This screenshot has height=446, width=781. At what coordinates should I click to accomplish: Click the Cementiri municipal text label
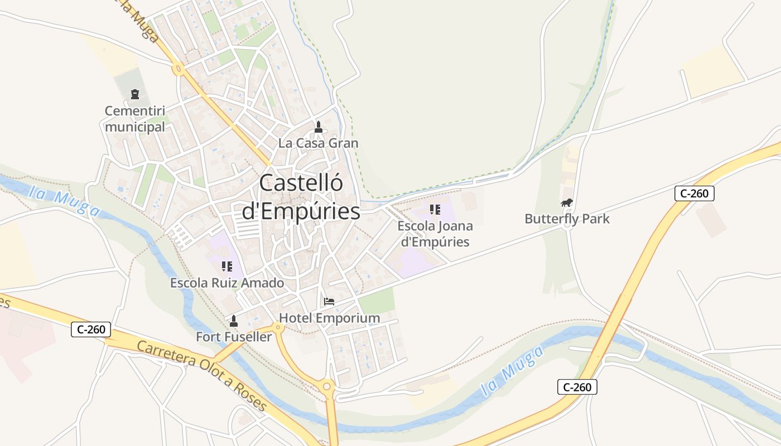(x=135, y=119)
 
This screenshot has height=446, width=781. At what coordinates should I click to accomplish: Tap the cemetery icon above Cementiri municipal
(x=134, y=94)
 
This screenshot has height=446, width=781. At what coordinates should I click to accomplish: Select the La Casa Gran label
(x=318, y=143)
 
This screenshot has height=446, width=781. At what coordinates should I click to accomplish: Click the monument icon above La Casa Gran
(x=318, y=127)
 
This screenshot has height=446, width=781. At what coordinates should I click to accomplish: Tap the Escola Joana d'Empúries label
(x=435, y=234)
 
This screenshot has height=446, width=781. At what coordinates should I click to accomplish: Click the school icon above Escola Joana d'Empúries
(x=435, y=210)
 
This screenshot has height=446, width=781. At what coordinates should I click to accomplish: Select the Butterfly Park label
(x=567, y=219)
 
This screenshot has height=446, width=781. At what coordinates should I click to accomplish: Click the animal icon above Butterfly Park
(x=567, y=203)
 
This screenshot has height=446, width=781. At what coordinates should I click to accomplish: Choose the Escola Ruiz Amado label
(x=227, y=283)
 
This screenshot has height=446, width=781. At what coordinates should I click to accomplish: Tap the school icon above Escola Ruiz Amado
(x=226, y=266)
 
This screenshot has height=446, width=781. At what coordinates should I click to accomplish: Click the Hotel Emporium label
(x=329, y=318)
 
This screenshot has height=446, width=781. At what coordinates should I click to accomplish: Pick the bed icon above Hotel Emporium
(x=329, y=302)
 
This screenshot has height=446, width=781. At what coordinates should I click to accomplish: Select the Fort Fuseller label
(x=234, y=337)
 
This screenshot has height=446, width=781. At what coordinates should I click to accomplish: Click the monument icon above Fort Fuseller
(x=234, y=321)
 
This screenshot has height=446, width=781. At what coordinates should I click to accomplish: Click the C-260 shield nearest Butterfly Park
(x=694, y=193)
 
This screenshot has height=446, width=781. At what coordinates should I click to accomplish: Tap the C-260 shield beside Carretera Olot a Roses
(x=91, y=329)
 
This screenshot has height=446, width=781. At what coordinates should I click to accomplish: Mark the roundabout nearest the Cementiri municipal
(x=179, y=70)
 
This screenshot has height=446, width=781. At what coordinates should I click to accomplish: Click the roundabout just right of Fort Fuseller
(x=278, y=328)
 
